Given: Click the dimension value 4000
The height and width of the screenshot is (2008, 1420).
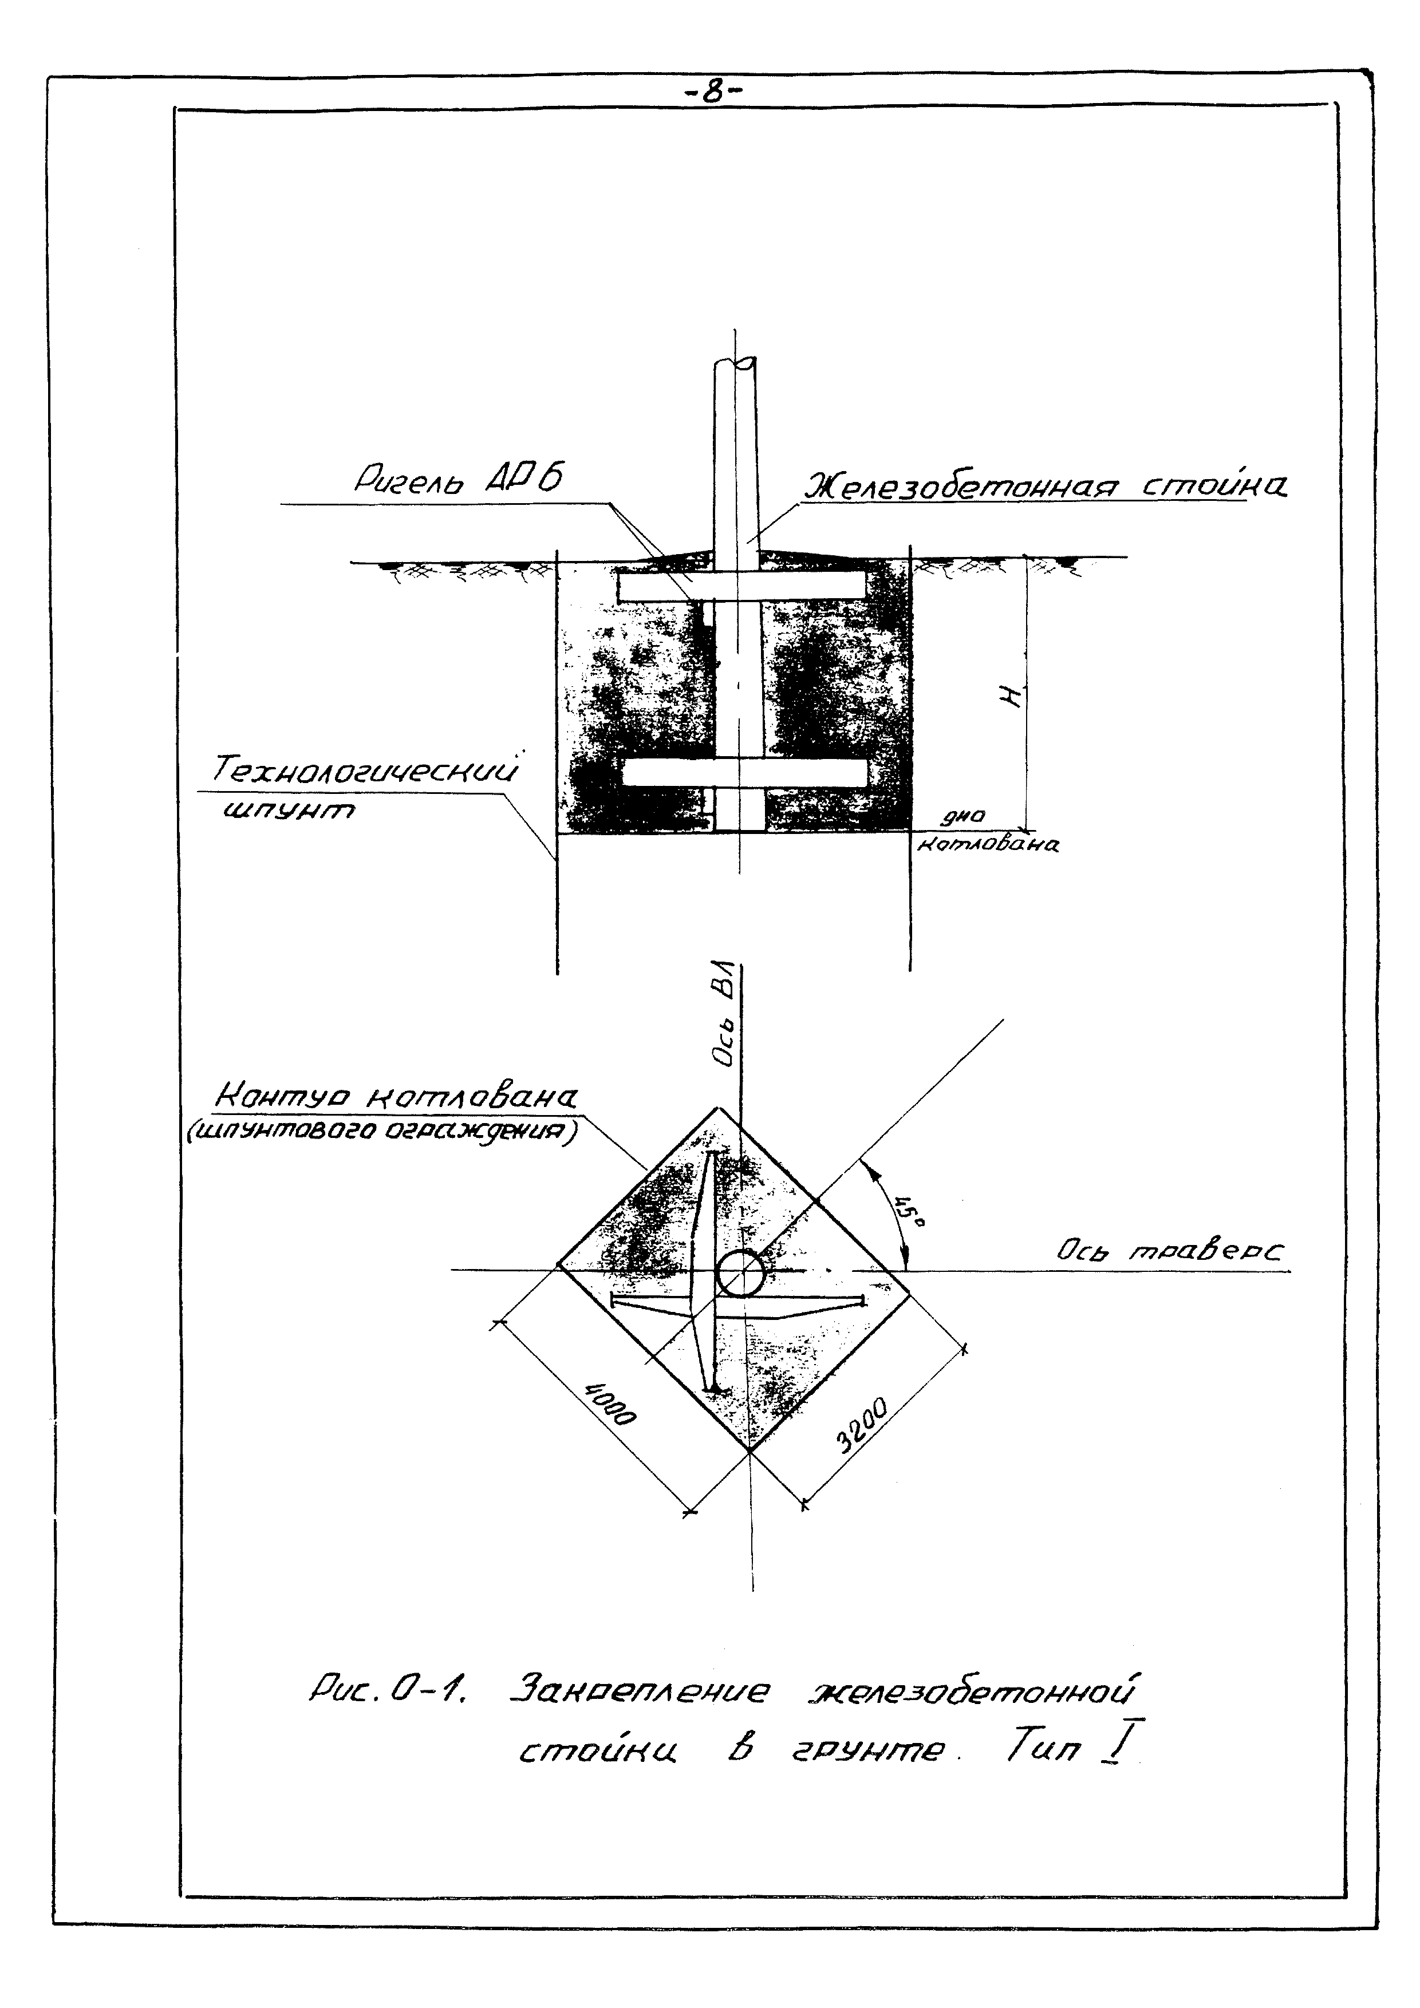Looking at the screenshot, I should coord(610,1414).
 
